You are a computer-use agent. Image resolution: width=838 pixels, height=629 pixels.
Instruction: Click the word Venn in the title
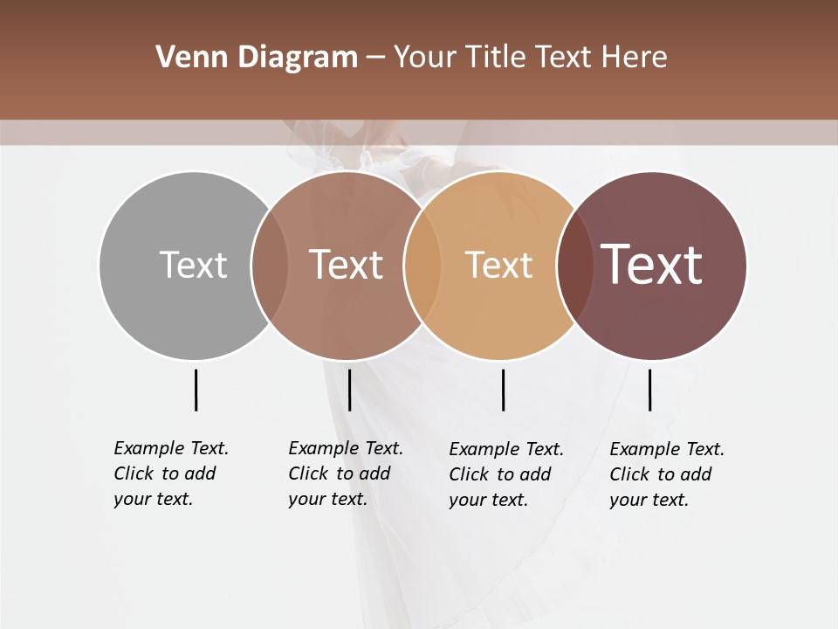click(181, 58)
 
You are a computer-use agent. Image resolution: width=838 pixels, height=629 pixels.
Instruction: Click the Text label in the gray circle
click(193, 265)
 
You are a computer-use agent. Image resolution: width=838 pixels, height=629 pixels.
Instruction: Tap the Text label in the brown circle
click(346, 265)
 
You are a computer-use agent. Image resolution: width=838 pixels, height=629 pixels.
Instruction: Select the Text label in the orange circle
click(498, 265)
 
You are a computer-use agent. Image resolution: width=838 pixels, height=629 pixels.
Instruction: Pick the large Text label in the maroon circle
click(651, 264)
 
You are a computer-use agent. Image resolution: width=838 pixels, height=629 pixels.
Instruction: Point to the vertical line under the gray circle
click(196, 390)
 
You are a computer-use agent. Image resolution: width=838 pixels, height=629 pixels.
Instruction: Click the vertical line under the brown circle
click(349, 390)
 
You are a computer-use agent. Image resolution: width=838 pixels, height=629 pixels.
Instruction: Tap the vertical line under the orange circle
click(503, 390)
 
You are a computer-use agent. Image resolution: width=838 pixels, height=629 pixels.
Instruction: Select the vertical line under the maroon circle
click(649, 390)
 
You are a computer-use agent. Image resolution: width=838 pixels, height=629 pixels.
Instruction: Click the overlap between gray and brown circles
click(270, 265)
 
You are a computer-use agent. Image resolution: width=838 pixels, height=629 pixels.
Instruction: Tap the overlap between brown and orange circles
click(422, 265)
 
